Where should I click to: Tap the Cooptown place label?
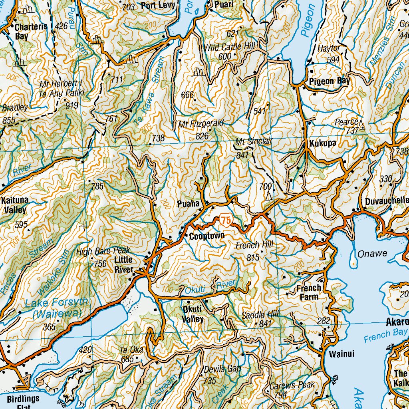click(207, 236)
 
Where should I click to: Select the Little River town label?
click(124, 264)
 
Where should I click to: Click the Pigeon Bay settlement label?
click(330, 81)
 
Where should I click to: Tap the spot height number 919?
click(72, 105)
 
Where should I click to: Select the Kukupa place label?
click(322, 143)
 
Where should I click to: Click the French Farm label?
click(309, 292)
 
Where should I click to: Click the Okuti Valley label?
click(193, 314)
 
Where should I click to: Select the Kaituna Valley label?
click(14, 204)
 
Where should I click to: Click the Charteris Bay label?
click(31, 31)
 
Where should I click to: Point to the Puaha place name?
click(188, 204)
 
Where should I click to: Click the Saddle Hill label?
click(260, 315)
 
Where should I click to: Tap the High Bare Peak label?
click(103, 251)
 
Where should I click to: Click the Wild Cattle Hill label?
click(230, 48)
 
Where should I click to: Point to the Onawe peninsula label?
click(372, 253)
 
